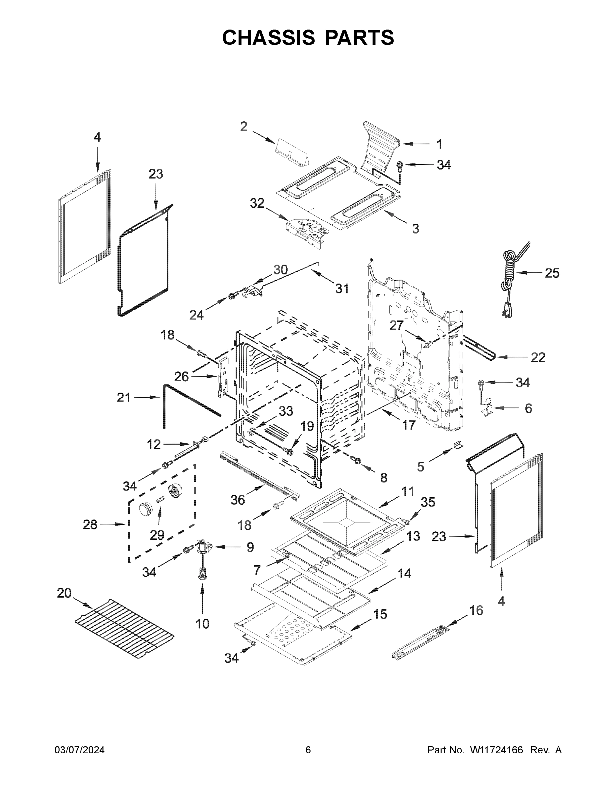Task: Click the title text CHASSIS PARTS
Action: click(308, 37)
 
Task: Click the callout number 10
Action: click(202, 624)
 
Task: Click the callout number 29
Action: click(157, 535)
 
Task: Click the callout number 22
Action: click(538, 357)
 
